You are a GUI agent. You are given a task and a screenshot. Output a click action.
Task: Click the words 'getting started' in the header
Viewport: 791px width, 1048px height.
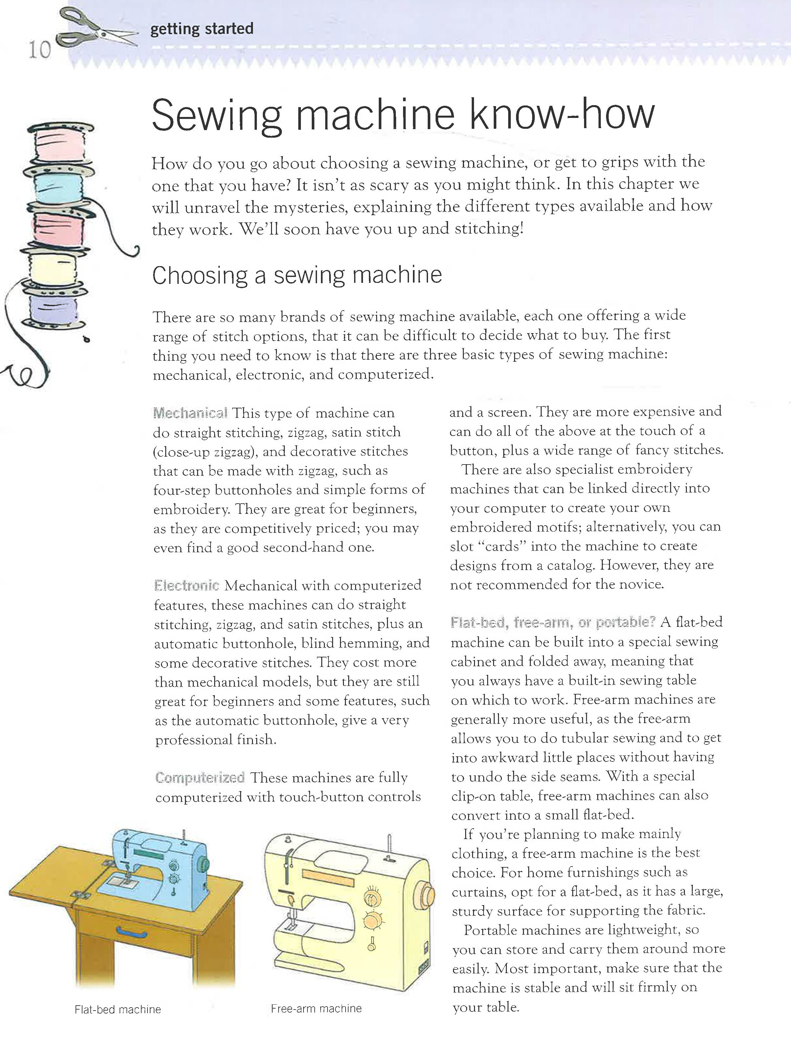(202, 29)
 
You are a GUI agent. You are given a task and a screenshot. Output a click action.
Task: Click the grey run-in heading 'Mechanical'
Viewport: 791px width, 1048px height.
(191, 413)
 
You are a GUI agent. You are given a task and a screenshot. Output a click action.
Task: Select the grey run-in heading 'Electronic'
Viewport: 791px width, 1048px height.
(187, 586)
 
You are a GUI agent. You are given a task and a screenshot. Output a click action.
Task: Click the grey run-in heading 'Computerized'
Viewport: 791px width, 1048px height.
(200, 778)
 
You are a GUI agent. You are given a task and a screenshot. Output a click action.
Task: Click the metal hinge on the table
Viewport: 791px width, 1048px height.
(81, 895)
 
